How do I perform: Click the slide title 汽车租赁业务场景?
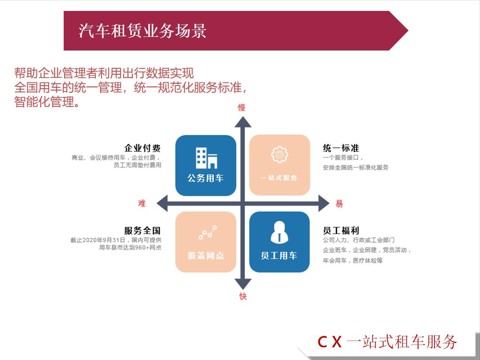coord(142,31)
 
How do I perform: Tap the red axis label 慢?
coord(242,108)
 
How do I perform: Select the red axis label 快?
coord(243,296)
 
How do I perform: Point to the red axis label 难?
coord(142,203)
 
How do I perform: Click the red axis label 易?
coord(339,204)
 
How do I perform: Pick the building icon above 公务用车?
coord(206,158)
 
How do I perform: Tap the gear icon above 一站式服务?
coord(279,155)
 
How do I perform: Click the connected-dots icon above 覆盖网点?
coord(207,233)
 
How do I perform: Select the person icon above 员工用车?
coord(279,232)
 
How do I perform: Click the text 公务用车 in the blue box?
coord(206,178)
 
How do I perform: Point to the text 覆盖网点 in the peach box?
coord(206,256)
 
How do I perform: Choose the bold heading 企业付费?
coord(142,148)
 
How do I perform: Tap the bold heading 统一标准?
coord(341,148)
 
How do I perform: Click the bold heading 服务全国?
coord(142,231)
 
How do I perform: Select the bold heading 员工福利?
coord(341,231)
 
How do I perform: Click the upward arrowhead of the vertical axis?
coord(243,122)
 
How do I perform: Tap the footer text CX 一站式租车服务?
coord(387,341)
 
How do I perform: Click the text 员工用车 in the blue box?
coord(279,256)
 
